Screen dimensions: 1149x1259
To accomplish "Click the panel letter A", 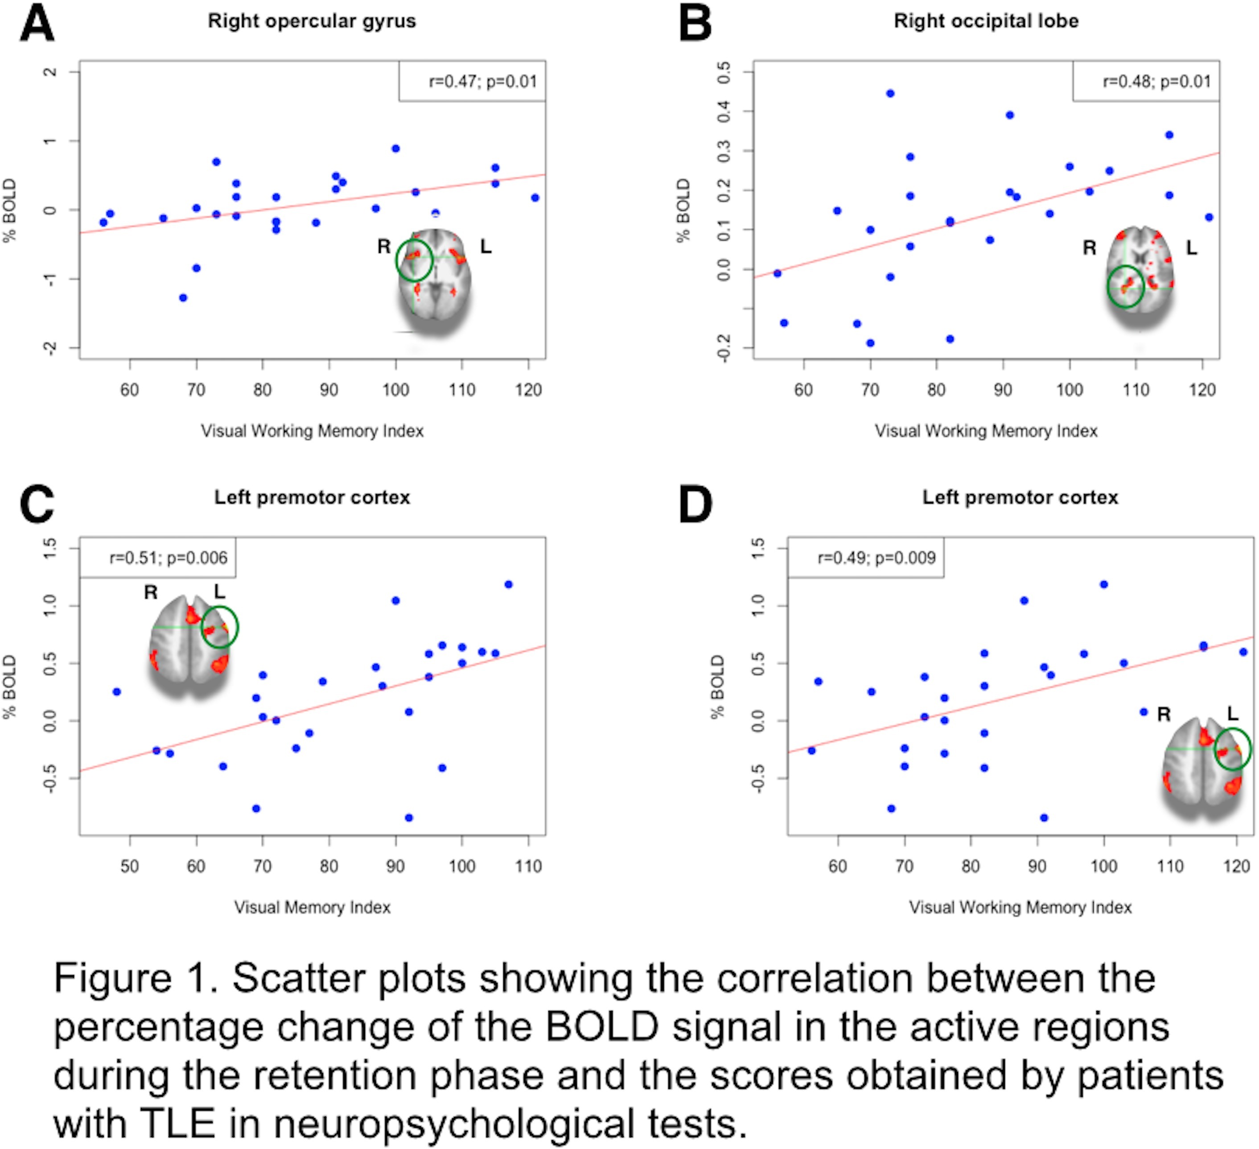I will pos(37,24).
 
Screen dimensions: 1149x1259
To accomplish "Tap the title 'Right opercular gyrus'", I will pos(312,21).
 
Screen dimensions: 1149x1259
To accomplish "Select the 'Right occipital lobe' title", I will pos(986,21).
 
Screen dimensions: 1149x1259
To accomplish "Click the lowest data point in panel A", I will pos(183,298).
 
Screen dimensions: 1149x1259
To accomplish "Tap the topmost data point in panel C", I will pos(508,585).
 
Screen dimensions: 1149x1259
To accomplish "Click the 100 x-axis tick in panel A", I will pos(395,390).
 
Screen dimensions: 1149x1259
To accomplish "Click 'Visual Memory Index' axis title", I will pos(312,907).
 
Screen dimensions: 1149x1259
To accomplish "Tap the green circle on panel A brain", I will pos(413,260).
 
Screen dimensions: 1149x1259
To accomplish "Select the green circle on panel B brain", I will pos(1125,286).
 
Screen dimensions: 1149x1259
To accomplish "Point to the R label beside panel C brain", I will pos(151,592).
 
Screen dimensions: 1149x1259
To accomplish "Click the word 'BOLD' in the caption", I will pos(602,1027).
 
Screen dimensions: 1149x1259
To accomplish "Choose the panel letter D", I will pos(695,505).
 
